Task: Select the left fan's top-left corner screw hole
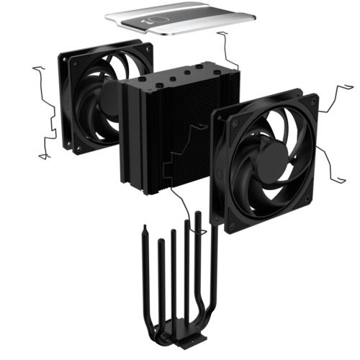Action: click(66, 56)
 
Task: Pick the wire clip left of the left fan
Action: click(47, 112)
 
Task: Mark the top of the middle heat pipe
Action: click(173, 233)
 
